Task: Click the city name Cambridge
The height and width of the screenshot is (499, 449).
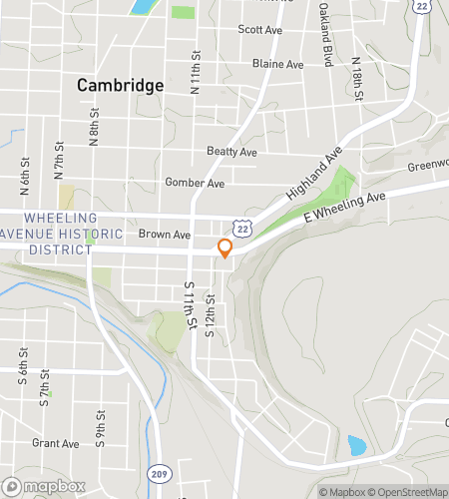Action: pos(120,86)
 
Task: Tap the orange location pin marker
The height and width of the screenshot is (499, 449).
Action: pos(225,249)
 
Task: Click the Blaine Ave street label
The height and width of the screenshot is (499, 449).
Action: pos(277,64)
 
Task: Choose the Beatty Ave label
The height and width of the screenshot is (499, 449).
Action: pos(231,151)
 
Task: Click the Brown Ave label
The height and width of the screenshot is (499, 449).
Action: pos(164,236)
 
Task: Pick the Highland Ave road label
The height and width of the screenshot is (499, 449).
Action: pos(313,172)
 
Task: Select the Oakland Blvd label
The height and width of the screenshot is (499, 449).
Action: pos(325,40)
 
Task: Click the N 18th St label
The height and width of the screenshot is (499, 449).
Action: pos(356,83)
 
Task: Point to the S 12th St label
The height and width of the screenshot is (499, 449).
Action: pos(211,315)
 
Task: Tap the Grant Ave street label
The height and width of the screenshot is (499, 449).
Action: pos(55,443)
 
